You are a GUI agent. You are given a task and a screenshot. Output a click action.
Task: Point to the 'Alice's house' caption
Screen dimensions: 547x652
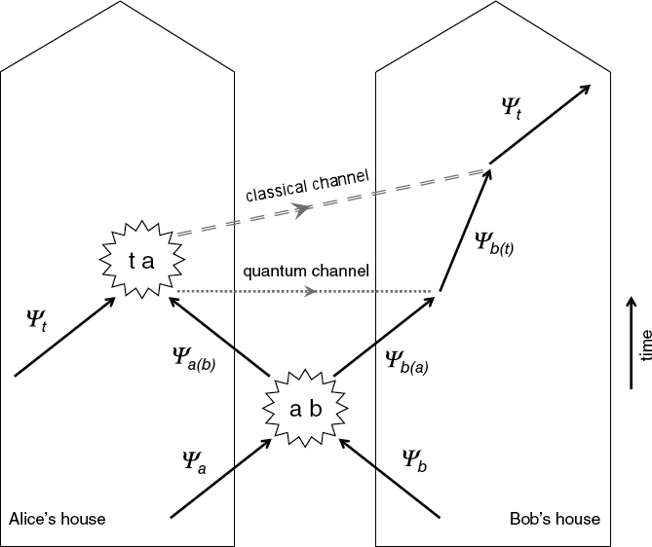coord(57,519)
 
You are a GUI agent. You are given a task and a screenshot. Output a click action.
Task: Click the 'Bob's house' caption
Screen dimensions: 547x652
coord(555,519)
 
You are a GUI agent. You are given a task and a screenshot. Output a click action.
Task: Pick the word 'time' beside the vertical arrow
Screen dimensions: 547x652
coord(644,345)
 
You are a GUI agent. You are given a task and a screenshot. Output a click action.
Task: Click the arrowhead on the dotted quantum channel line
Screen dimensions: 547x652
coord(310,291)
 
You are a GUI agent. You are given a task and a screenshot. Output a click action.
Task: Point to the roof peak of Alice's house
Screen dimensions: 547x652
coord(117,3)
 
